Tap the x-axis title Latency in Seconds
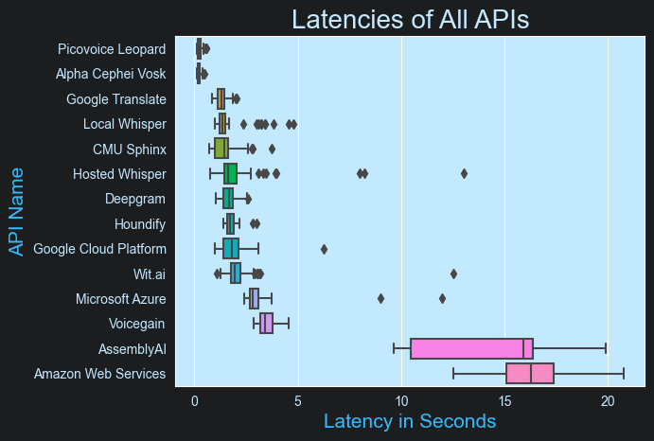[x=410, y=420]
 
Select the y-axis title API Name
[x=16, y=211]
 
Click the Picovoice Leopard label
[x=112, y=49]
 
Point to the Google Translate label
[x=116, y=99]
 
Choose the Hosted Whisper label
[x=119, y=174]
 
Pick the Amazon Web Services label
[x=100, y=374]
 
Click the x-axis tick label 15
[x=504, y=400]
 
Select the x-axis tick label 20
[x=608, y=400]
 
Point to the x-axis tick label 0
[x=194, y=400]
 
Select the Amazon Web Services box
[x=530, y=373]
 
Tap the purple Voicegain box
[x=267, y=324]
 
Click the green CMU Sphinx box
[x=221, y=149]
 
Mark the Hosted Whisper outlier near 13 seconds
[x=464, y=173]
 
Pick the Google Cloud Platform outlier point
[x=324, y=249]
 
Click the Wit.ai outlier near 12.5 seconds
[x=453, y=273]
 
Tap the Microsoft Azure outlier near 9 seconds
[x=380, y=298]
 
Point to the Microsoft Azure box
[x=254, y=298]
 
